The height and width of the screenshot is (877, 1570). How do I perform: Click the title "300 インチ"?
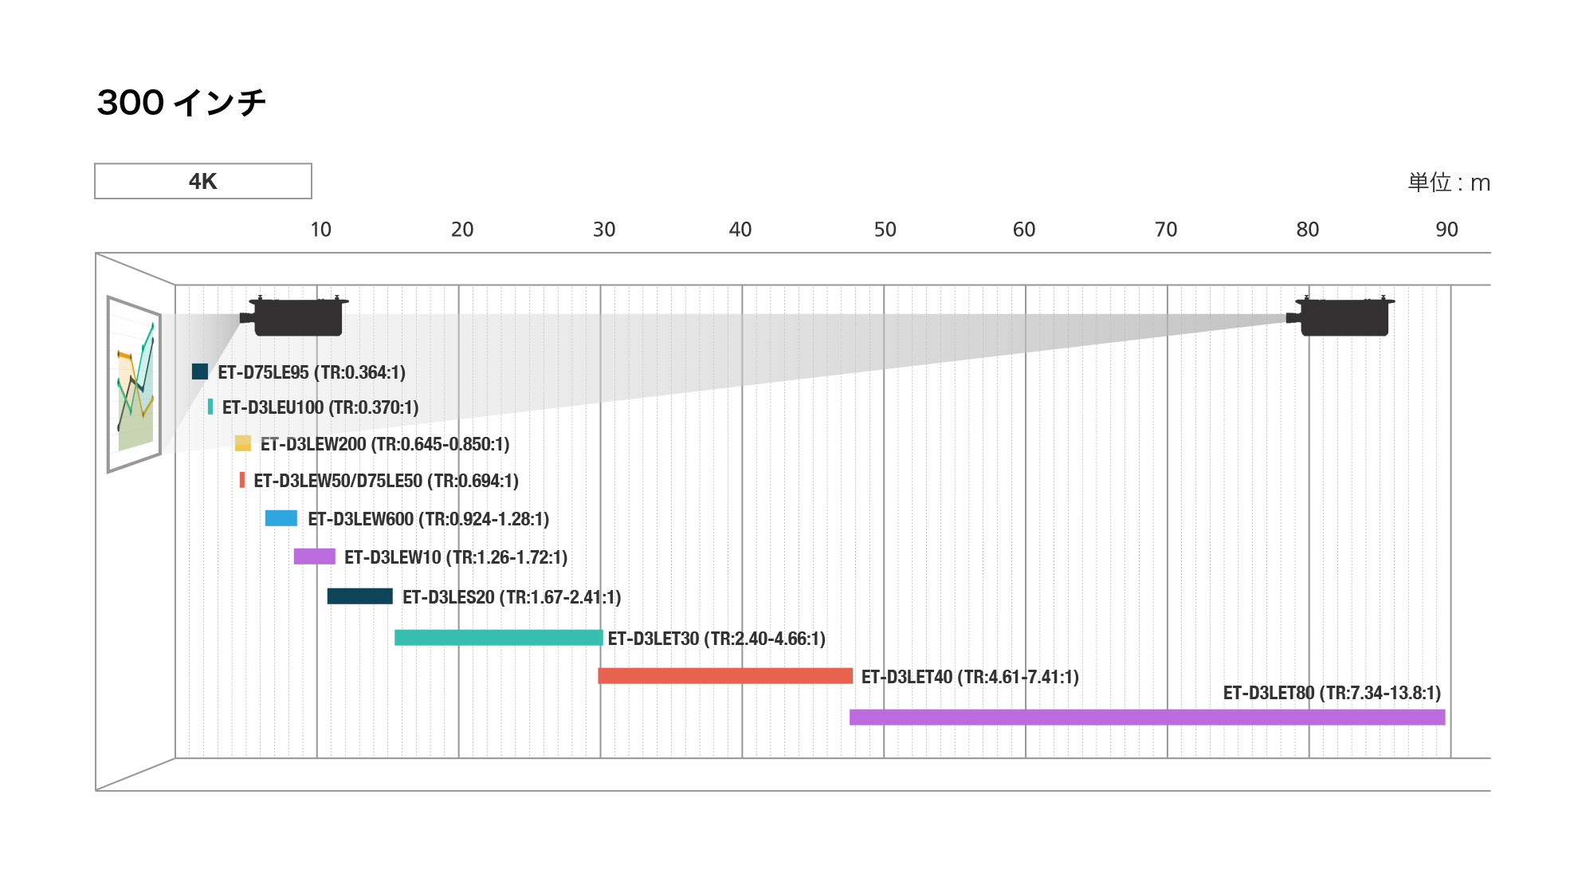[x=181, y=103]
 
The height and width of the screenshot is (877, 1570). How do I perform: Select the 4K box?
[x=203, y=181]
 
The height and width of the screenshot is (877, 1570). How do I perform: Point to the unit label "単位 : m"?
[x=1448, y=183]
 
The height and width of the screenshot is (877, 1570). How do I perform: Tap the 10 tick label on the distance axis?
[x=320, y=230]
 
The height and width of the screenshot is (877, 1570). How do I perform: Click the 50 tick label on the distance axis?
[x=885, y=230]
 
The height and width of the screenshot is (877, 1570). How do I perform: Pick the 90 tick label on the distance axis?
[x=1446, y=230]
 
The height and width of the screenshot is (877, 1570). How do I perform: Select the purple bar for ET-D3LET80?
[x=1147, y=717]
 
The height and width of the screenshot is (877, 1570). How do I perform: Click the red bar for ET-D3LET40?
[x=725, y=676]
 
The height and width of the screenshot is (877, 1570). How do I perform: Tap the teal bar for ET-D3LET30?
[x=498, y=638]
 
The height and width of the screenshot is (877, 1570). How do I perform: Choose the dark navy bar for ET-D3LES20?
[x=359, y=596]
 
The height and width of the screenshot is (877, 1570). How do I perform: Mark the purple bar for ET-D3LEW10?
[x=314, y=556]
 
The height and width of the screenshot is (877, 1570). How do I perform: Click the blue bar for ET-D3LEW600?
[x=281, y=518]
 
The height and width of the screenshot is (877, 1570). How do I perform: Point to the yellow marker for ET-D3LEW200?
[x=243, y=443]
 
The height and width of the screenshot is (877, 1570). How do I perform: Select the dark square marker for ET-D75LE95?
[x=200, y=372]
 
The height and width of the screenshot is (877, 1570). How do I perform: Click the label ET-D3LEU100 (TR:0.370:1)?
[x=320, y=407]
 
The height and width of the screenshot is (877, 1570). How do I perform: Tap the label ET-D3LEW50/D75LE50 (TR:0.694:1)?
[x=386, y=481]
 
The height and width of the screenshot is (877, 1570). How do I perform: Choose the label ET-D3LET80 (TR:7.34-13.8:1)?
[x=1332, y=693]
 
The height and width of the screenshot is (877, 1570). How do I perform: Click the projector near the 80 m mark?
[x=1343, y=317]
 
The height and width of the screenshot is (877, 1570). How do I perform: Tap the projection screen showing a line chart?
[x=135, y=384]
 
